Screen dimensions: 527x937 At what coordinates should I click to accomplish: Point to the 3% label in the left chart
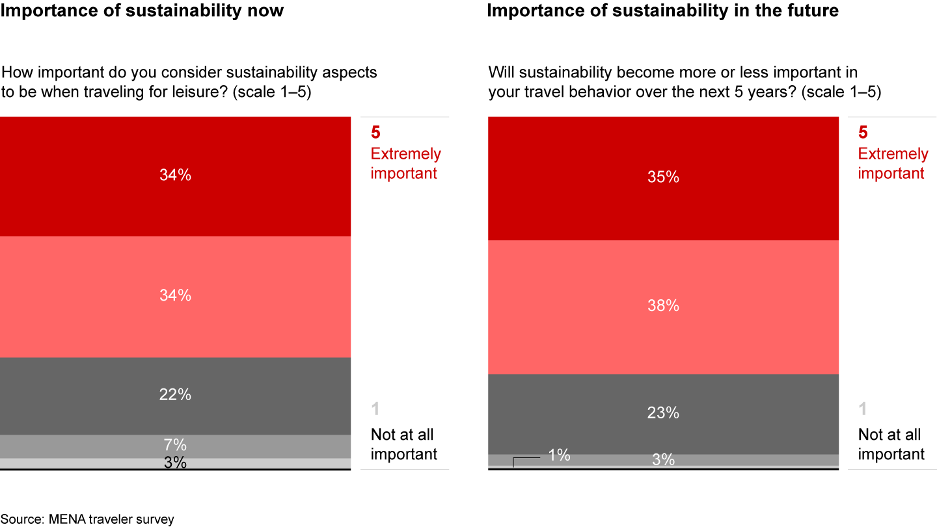pos(175,463)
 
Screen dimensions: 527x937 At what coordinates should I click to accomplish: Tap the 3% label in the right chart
pos(663,460)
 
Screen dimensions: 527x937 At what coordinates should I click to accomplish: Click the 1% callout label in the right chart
pos(559,455)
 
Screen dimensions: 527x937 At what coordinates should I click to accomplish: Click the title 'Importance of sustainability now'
pos(142,11)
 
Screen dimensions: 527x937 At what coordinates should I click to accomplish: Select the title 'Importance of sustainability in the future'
pos(663,11)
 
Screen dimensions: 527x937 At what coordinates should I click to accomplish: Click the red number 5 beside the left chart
pos(375,133)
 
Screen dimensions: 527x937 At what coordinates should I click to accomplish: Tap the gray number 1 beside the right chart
pos(863,409)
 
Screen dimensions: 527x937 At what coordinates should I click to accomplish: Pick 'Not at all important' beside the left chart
pos(403,444)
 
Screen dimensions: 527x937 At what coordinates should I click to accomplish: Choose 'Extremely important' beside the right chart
pos(891,163)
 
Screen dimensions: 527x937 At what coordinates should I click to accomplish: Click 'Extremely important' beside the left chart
pos(405,163)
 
